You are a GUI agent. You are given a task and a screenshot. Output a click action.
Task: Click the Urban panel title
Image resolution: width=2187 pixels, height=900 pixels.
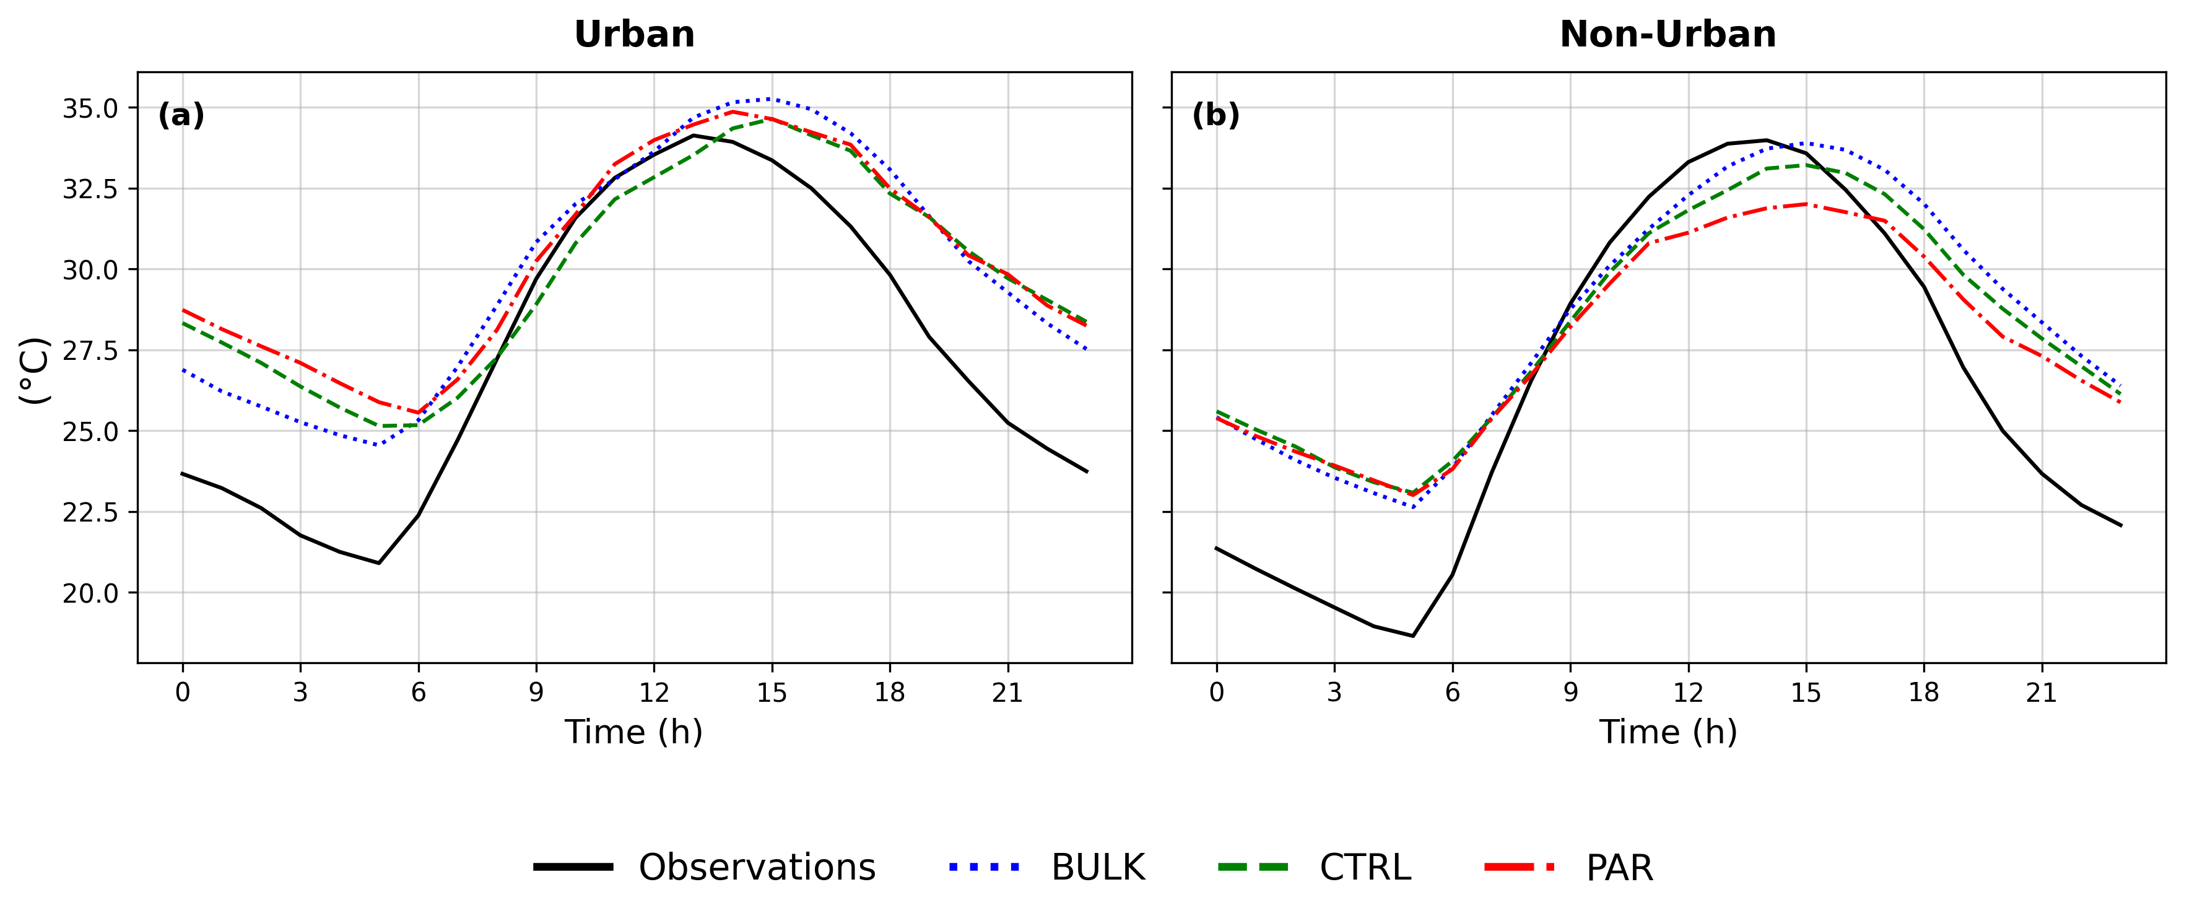tap(634, 35)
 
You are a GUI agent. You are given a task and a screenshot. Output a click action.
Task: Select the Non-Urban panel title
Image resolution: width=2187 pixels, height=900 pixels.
tap(1667, 35)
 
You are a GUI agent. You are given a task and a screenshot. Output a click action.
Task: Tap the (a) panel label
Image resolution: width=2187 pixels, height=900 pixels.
tap(181, 115)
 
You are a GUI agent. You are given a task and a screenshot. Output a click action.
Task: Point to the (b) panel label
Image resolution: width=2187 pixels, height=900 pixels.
tap(1215, 115)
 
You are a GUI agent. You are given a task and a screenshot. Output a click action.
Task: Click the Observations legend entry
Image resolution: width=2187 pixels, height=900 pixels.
tap(705, 867)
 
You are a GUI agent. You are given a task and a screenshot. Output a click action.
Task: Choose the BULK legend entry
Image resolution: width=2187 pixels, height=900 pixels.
tap(1047, 867)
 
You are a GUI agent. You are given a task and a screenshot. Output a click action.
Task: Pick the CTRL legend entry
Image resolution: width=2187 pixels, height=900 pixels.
tap(1314, 867)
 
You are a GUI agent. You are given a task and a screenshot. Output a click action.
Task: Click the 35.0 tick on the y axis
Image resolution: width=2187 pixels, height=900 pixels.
tap(90, 108)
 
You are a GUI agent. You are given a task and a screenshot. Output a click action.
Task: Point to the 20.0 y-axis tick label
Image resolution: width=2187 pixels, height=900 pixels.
tap(90, 593)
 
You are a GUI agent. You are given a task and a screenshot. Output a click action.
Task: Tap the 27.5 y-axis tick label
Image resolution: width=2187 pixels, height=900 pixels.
tap(90, 351)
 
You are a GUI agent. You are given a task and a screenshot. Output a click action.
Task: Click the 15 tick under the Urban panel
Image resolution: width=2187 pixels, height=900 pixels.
tap(772, 693)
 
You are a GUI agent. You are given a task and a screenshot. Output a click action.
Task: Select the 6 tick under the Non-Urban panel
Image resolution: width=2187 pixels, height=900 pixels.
tap(1453, 693)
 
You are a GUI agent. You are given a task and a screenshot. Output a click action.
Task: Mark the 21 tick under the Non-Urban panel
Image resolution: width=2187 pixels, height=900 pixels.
tap(2042, 693)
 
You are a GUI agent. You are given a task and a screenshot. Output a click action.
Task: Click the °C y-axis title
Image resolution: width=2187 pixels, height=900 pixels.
tap(35, 371)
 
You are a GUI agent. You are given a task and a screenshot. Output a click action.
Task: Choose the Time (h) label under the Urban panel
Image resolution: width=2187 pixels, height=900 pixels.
tap(634, 732)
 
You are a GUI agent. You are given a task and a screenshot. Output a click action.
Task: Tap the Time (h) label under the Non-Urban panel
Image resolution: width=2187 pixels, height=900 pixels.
tap(1668, 732)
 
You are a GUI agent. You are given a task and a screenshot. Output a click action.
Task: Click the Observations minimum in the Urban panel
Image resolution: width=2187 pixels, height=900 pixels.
tap(379, 563)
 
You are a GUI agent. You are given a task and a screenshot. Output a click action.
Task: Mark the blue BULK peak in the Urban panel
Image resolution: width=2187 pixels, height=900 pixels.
tap(771, 98)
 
